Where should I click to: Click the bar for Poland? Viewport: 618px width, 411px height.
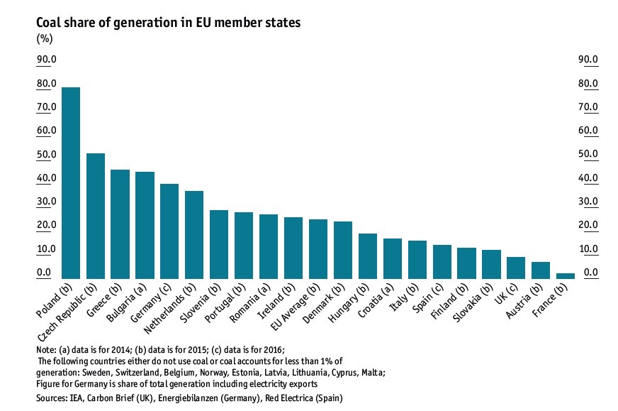[71, 183]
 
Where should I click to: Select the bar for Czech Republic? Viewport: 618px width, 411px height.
[96, 216]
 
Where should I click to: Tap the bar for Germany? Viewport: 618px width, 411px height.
[169, 231]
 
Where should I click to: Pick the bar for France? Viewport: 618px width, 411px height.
[566, 275]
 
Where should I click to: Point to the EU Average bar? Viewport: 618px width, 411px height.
[318, 249]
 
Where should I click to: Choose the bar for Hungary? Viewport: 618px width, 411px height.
[368, 256]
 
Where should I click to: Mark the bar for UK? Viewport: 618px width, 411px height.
[516, 268]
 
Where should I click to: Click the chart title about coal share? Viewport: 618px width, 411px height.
[169, 23]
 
